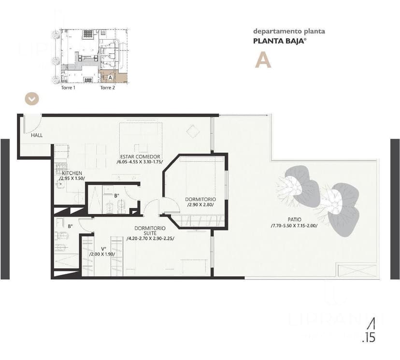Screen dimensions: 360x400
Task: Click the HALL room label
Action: click(x=37, y=135)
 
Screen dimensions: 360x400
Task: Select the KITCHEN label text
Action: click(x=71, y=173)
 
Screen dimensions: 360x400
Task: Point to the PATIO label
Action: click(x=294, y=219)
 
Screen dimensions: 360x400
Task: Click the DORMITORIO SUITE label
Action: click(x=150, y=230)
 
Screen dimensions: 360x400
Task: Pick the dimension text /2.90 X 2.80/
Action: click(x=200, y=205)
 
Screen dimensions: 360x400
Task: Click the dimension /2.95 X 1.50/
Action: click(x=72, y=178)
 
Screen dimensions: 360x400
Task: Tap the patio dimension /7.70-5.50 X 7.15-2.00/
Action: click(x=294, y=226)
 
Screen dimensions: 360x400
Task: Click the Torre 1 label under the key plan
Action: click(x=68, y=88)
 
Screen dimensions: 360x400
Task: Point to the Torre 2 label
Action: click(x=107, y=88)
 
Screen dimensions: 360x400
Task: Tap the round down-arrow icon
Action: click(x=32, y=99)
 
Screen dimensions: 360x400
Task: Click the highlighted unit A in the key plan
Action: click(x=110, y=77)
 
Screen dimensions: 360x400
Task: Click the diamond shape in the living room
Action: click(x=193, y=131)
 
